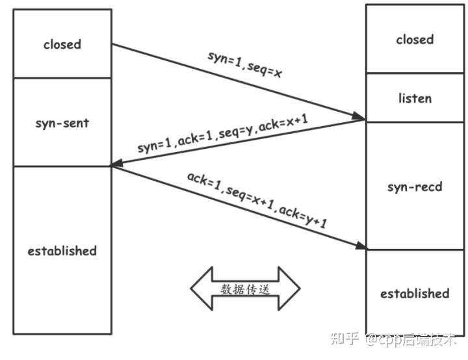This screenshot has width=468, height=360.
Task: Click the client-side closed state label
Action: [x=62, y=45]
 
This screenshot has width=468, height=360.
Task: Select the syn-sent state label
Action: [x=62, y=123]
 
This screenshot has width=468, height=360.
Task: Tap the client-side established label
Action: [x=62, y=251]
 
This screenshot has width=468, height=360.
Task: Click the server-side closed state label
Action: [x=415, y=40]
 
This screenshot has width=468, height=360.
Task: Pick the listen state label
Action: [x=415, y=99]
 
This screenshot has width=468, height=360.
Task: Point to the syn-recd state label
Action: [x=415, y=186]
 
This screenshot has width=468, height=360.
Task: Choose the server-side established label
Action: [x=415, y=294]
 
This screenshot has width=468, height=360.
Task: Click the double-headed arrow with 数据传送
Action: [x=245, y=289]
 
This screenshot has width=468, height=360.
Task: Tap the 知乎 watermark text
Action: [x=344, y=339]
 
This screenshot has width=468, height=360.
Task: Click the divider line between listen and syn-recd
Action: [x=415, y=122]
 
